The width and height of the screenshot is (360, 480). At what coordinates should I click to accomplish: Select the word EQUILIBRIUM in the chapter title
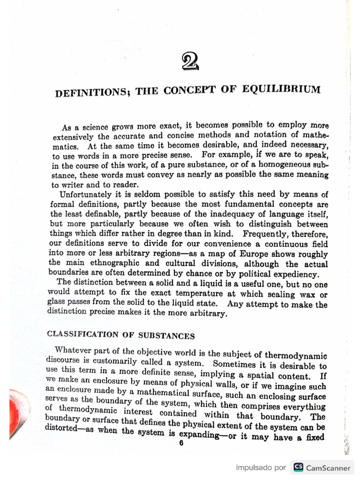286,88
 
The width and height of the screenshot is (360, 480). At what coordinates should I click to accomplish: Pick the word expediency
294,274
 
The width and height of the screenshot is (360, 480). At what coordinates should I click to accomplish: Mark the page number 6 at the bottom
180,444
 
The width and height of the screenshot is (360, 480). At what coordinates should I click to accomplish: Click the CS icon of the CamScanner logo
298,467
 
